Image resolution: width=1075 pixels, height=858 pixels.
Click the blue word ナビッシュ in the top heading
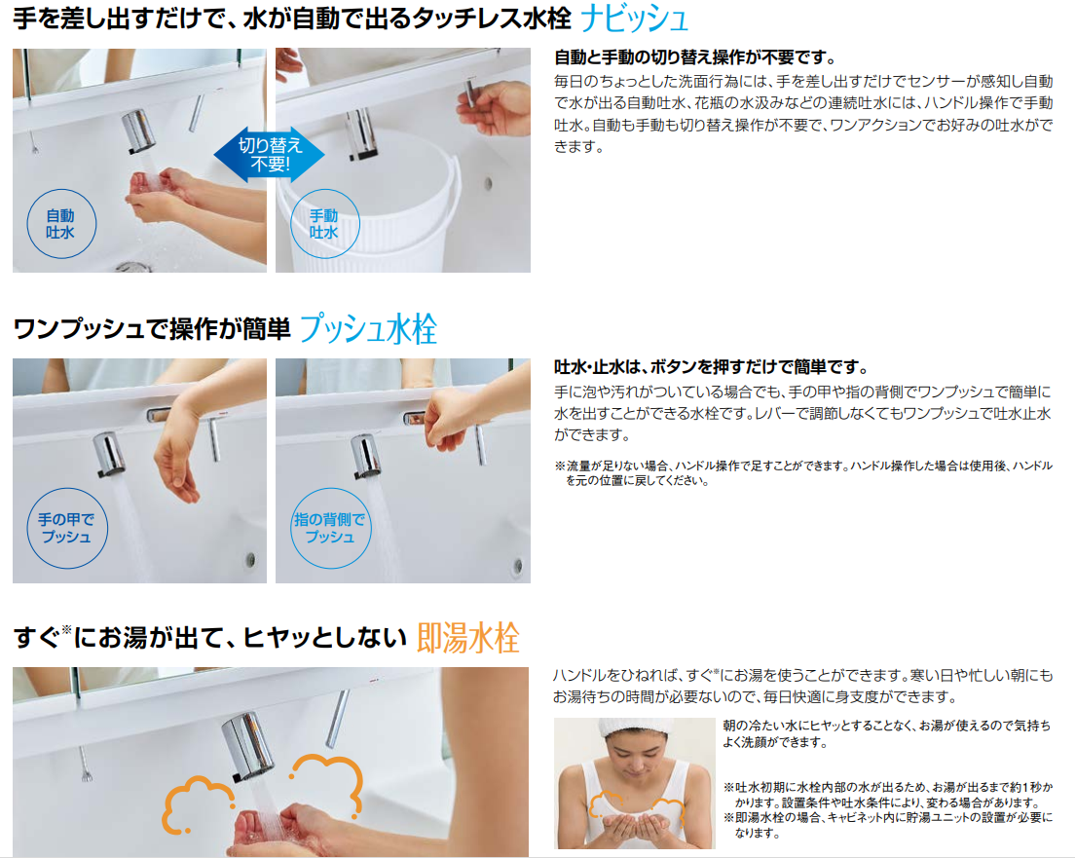(x=634, y=19)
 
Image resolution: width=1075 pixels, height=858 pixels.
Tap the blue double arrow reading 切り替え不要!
(x=270, y=154)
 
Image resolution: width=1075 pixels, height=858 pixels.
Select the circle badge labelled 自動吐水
(x=61, y=224)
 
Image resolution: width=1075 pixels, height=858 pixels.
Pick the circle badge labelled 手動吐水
(x=324, y=224)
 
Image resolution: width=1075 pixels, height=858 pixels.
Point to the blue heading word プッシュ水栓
(x=368, y=328)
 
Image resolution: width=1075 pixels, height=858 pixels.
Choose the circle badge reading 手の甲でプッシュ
(x=66, y=528)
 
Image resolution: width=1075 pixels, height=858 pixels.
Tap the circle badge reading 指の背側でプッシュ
(x=330, y=528)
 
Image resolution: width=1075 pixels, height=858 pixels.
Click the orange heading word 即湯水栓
(x=467, y=638)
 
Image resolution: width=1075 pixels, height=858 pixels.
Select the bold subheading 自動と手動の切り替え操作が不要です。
(x=695, y=57)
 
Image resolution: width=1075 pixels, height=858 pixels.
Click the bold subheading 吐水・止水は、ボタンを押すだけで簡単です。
(x=711, y=367)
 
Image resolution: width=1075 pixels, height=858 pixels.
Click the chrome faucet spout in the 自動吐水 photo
(x=139, y=131)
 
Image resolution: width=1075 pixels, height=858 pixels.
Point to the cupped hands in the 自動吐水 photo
(x=158, y=192)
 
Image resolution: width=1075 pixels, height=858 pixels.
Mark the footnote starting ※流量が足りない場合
(x=802, y=473)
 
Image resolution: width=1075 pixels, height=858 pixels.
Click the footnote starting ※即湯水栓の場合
(x=887, y=825)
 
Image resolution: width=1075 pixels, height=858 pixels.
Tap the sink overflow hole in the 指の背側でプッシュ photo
(x=518, y=567)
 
